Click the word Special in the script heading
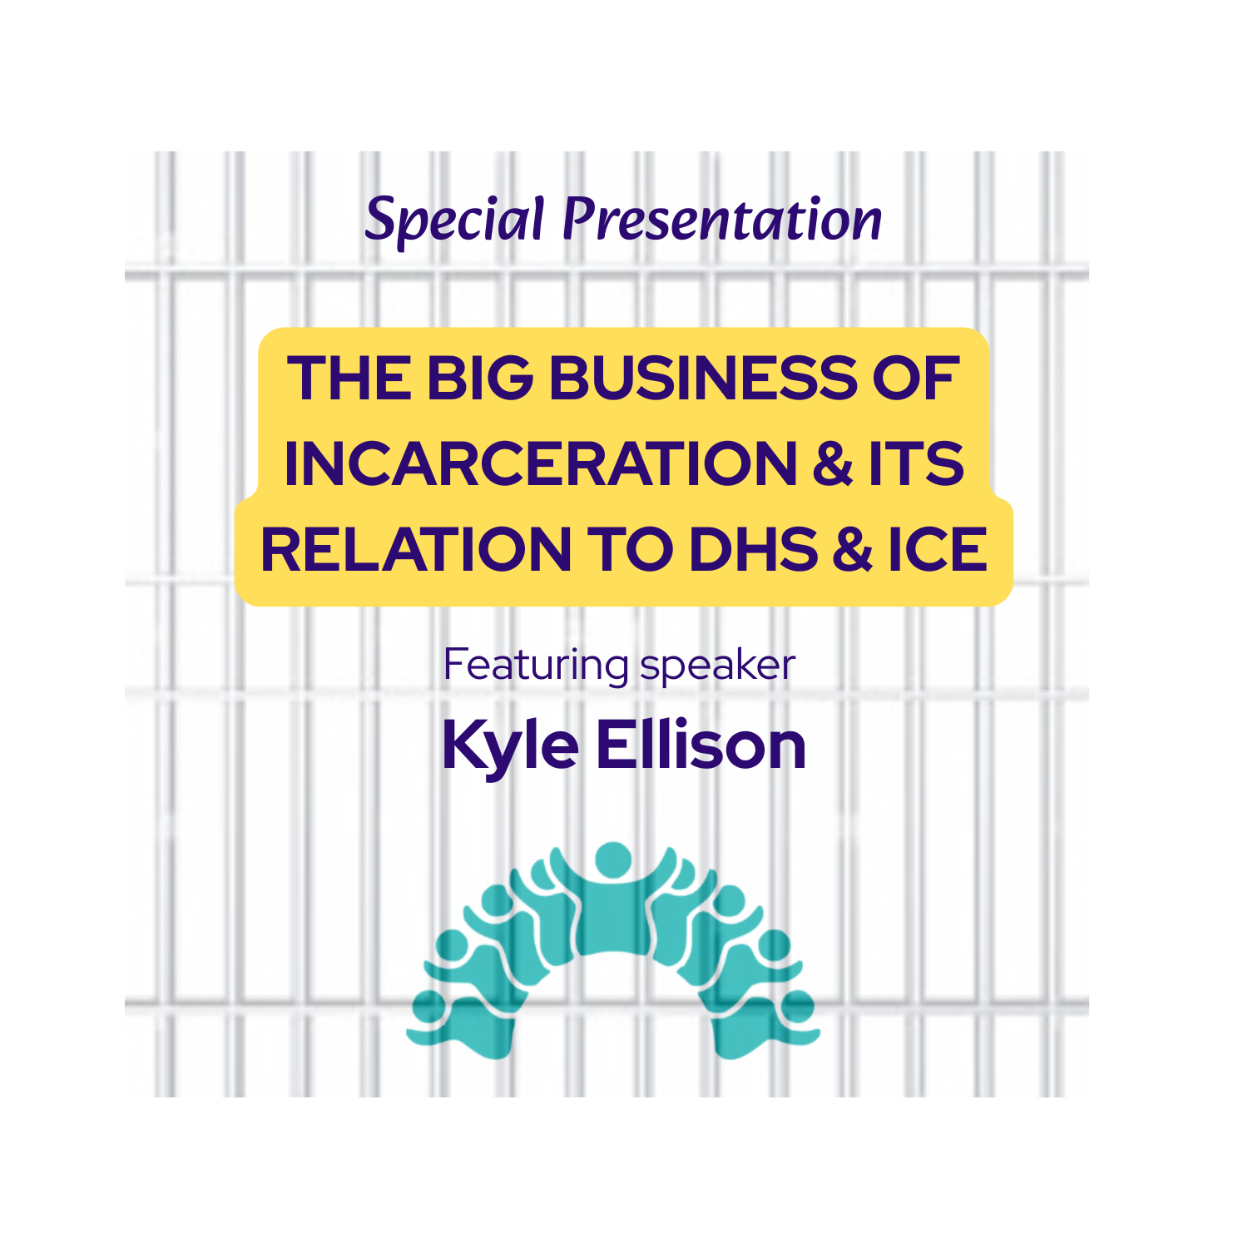(x=454, y=220)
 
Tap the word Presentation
(x=722, y=220)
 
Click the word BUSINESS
(x=702, y=379)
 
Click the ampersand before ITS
(x=833, y=464)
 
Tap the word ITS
(x=916, y=464)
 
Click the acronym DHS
(x=753, y=550)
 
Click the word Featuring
(x=536, y=666)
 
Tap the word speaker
(x=717, y=666)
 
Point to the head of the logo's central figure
(x=613, y=859)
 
